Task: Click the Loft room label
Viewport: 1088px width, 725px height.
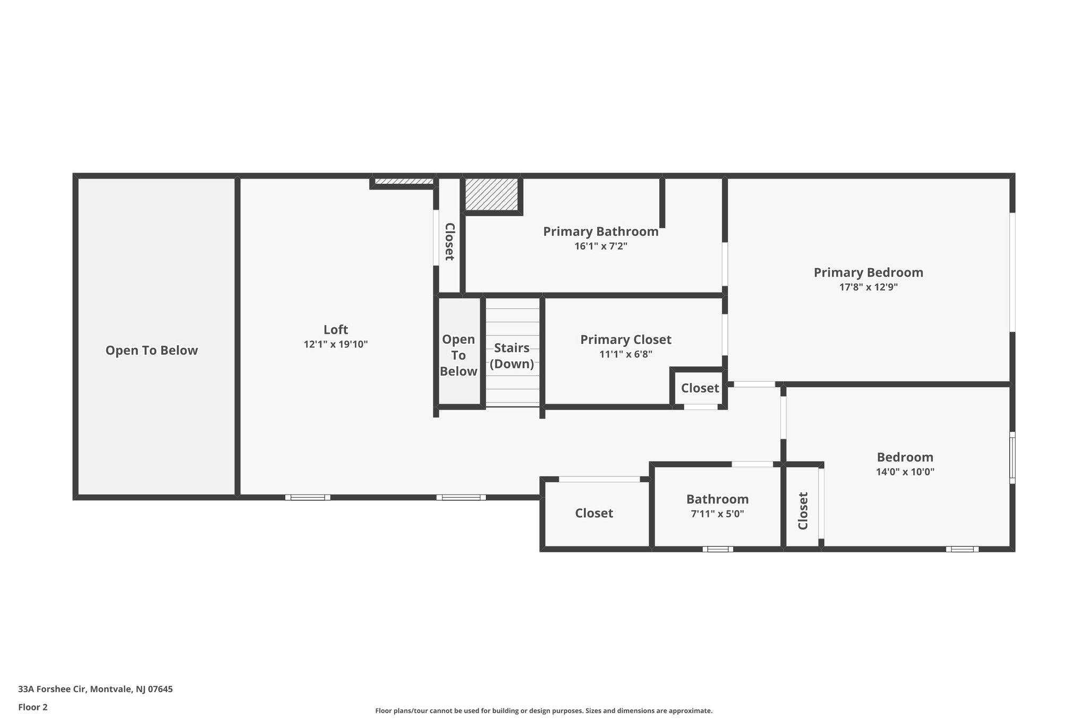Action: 336,329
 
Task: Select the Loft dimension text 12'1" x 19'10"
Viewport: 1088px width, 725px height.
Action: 336,344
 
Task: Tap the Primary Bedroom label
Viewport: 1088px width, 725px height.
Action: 868,272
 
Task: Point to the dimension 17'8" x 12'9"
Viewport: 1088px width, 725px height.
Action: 868,287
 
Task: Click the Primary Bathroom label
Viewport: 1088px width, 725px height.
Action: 600,232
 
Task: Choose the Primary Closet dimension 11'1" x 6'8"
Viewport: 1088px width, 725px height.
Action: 625,354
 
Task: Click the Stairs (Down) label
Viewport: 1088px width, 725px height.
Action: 512,356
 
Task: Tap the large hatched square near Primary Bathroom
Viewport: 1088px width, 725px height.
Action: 491,194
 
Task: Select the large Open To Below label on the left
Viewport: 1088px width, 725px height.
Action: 151,351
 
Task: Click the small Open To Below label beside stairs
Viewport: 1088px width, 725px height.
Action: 458,355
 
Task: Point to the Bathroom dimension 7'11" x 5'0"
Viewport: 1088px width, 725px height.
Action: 717,514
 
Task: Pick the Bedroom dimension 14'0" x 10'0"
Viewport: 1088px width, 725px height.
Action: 905,472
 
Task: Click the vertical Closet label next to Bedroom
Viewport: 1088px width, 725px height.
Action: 803,510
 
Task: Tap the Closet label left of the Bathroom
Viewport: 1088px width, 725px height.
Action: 594,513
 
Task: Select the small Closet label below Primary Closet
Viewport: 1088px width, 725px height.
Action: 700,388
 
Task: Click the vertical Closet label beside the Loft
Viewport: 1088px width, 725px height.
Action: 449,241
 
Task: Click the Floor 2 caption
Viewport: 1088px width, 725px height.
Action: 33,707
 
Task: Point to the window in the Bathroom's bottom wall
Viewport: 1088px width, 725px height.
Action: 718,549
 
